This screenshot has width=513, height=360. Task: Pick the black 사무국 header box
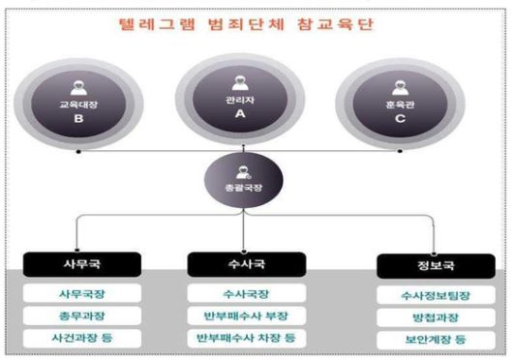pos(81,262)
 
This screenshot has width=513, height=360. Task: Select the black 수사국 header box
pos(241,262)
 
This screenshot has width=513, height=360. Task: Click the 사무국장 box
pos(81,293)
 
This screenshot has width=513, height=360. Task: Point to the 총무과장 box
pos(81,315)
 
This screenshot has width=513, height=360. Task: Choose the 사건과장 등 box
pos(81,338)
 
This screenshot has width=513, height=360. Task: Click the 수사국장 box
pos(241,293)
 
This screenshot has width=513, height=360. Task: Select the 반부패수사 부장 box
pos(241,315)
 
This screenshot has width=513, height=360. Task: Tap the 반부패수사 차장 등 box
pos(241,338)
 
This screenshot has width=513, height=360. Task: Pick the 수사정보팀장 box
pos(421,295)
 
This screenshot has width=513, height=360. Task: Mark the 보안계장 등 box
pos(421,340)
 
